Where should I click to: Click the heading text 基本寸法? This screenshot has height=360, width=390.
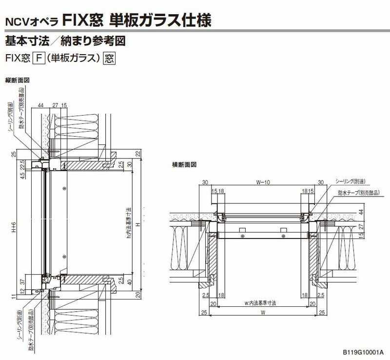click(x=24, y=41)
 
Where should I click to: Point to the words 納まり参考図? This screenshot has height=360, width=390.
click(x=95, y=41)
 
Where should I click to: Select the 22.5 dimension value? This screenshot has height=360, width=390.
click(x=22, y=165)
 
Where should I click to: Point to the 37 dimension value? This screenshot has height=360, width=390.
click(x=22, y=281)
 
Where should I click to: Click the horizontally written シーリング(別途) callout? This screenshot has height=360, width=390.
click(x=352, y=181)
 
